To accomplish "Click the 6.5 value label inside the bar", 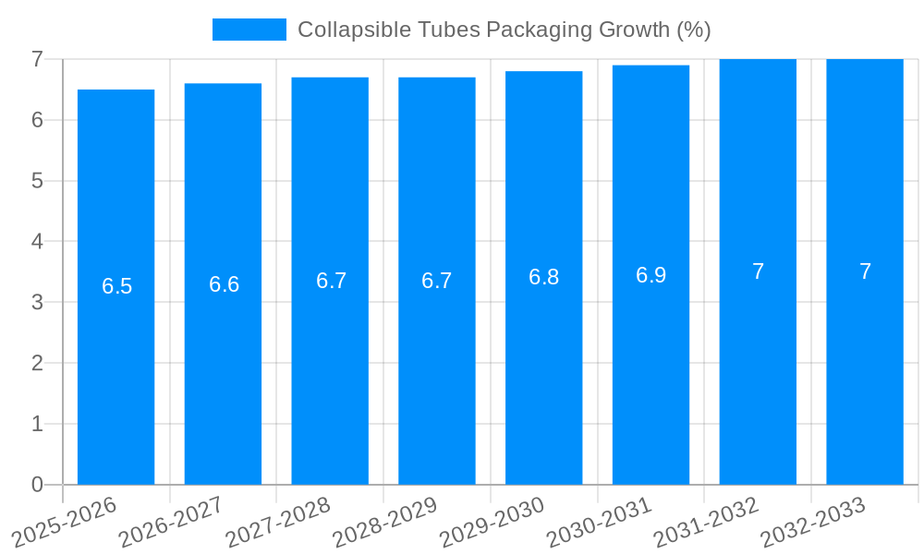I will click(117, 286).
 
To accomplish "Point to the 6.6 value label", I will click(224, 284).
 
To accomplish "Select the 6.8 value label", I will click(543, 277).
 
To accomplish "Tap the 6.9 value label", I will click(650, 275).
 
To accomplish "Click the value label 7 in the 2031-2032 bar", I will click(758, 271).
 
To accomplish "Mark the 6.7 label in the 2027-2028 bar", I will click(331, 281).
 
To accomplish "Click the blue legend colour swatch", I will click(249, 30).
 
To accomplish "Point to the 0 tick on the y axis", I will click(37, 485).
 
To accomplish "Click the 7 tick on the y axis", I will click(37, 59).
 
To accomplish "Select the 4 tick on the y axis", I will click(37, 242).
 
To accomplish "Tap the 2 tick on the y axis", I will click(37, 363).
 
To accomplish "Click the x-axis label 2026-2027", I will click(171, 522).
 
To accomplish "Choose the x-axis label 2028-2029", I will click(384, 522).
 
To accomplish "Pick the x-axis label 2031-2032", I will click(706, 522).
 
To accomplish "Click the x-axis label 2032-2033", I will click(812, 522).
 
